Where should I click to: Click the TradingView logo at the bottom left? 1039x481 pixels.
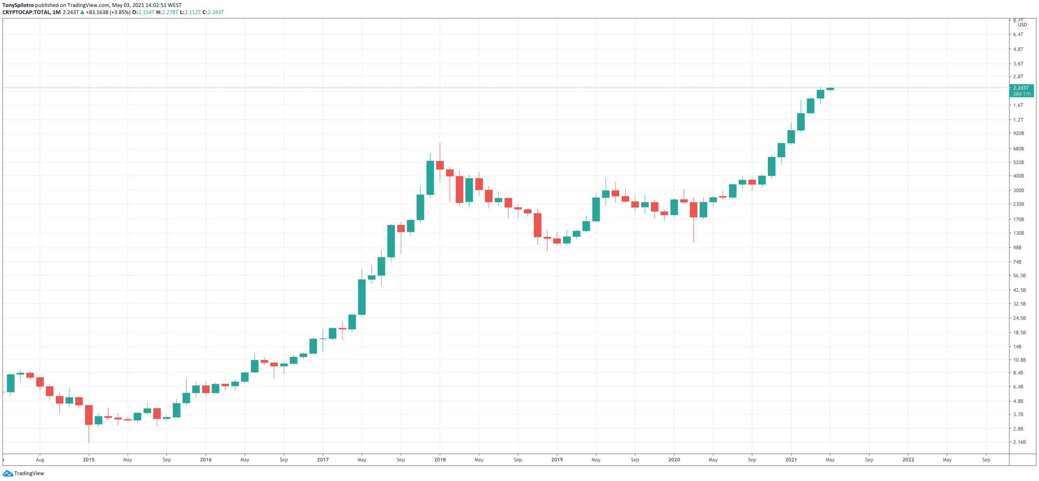pyautogui.click(x=24, y=473)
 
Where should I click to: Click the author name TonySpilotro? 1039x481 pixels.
pyautogui.click(x=18, y=5)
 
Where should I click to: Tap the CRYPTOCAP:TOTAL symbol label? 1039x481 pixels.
pyautogui.click(x=26, y=12)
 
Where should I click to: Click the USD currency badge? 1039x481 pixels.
pyautogui.click(x=1022, y=25)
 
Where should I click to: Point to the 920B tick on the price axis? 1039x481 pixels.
pyautogui.click(x=1019, y=133)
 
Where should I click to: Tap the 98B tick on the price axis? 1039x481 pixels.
pyautogui.click(x=1017, y=248)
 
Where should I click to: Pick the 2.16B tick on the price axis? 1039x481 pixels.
pyautogui.click(x=1019, y=442)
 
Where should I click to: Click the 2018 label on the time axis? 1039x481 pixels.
pyautogui.click(x=439, y=460)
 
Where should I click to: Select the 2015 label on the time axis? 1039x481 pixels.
pyautogui.click(x=89, y=460)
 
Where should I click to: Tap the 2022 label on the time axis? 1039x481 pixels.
pyautogui.click(x=908, y=460)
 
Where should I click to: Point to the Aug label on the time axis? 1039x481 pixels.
pyautogui.click(x=40, y=460)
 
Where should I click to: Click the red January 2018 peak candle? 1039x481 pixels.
pyautogui.click(x=439, y=165)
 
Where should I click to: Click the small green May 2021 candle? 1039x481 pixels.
pyautogui.click(x=830, y=89)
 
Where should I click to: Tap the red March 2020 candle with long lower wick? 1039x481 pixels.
pyautogui.click(x=693, y=210)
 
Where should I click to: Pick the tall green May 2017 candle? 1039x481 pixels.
pyautogui.click(x=362, y=297)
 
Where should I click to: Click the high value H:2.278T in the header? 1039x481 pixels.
pyautogui.click(x=167, y=12)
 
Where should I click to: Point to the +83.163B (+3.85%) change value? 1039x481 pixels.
pyautogui.click(x=108, y=12)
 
